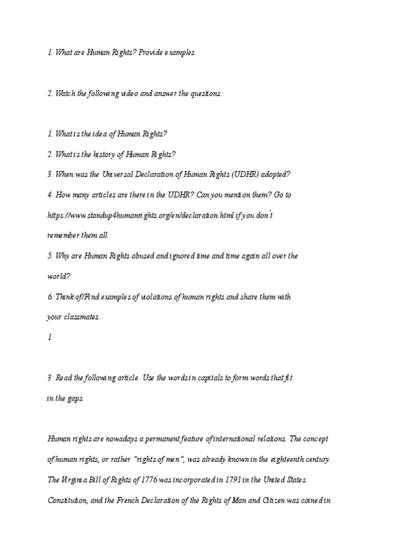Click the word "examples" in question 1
pos(180,52)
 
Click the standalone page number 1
pos(49,338)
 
